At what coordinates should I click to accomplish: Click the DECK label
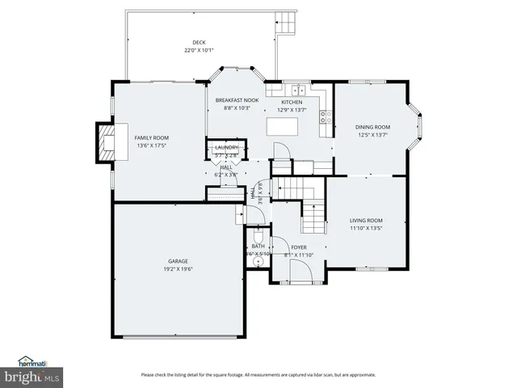coord(198,43)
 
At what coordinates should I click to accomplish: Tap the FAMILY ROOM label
coord(151,137)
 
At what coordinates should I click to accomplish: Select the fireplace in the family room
coord(106,142)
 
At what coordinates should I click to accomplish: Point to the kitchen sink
coord(297,91)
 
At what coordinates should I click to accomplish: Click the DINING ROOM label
coord(372,127)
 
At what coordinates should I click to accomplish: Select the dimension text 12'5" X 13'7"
coord(372,135)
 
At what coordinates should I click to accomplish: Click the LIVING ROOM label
coord(366,220)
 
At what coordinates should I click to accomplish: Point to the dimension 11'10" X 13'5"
coord(366,228)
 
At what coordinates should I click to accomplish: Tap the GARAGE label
coord(178,261)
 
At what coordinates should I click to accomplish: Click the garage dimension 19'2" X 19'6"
coord(178,269)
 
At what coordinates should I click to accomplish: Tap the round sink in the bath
coord(251,262)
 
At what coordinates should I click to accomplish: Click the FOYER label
coord(299,247)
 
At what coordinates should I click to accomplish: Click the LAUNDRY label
coord(227,147)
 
